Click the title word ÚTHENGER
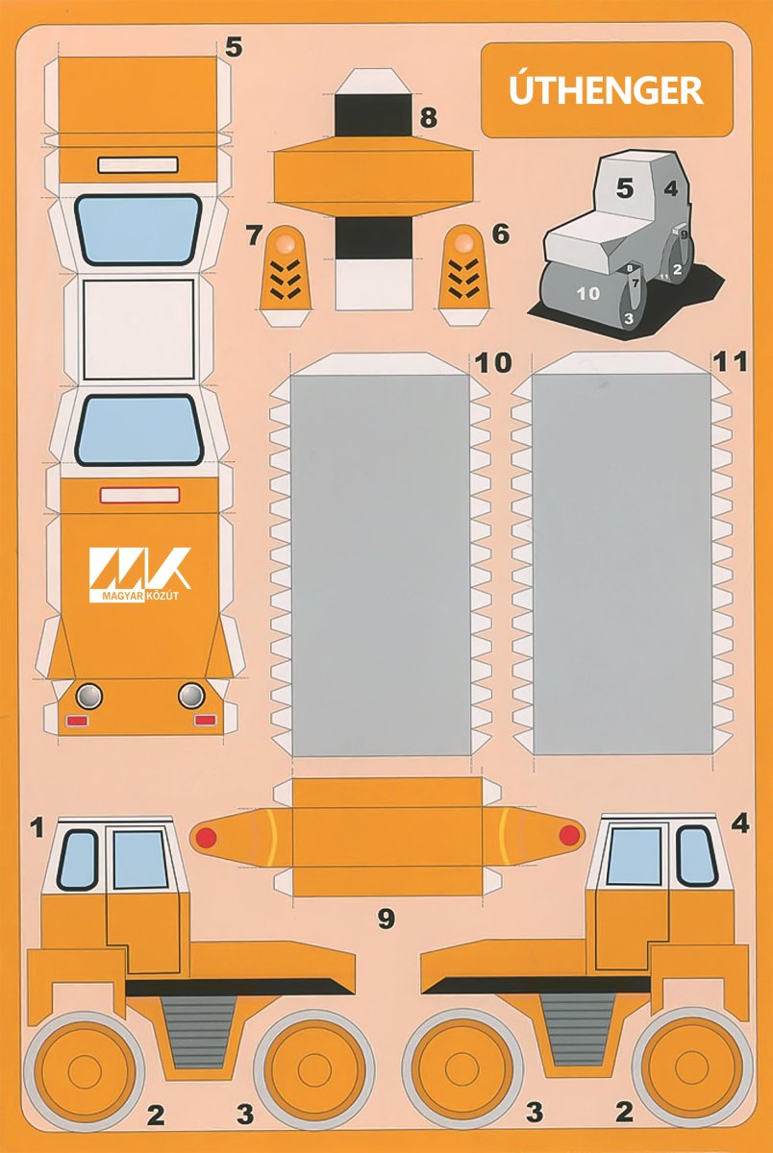click(606, 89)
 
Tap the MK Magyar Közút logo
click(139, 575)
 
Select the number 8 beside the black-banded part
click(428, 118)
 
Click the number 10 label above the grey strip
click(493, 363)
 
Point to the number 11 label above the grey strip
click(730, 362)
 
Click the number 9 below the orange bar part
click(386, 919)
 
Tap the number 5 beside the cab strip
click(234, 47)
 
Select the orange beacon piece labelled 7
click(286, 276)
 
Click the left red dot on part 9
click(206, 837)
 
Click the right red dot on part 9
click(569, 835)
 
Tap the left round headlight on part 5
click(89, 697)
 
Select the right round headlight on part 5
click(191, 696)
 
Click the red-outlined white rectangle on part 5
click(139, 495)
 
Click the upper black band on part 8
click(373, 114)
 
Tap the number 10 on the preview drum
click(588, 294)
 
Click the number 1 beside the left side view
click(37, 827)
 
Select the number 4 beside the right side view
click(740, 824)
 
